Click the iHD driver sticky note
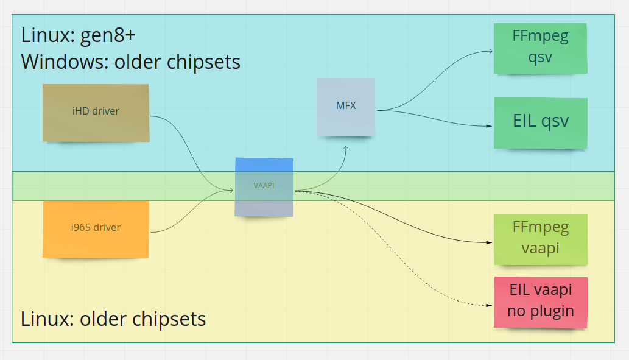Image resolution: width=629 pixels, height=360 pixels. tap(96, 113)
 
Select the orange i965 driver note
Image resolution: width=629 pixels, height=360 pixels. tap(96, 228)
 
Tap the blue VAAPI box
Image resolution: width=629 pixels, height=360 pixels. tap(264, 187)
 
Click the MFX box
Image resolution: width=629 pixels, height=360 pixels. tap(346, 107)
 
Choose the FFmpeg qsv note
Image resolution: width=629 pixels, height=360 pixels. tap(541, 48)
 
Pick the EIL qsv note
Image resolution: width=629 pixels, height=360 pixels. tap(541, 122)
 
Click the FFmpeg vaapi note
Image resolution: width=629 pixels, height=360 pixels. tap(541, 239)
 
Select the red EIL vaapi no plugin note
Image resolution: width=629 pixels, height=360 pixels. tap(541, 302)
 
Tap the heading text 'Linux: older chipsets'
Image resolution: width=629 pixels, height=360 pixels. tap(113, 319)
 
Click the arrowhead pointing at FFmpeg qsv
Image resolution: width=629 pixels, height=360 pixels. tap(490, 52)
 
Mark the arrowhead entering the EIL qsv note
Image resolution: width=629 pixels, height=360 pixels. tap(490, 127)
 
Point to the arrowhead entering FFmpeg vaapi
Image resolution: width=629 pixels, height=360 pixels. tap(490, 242)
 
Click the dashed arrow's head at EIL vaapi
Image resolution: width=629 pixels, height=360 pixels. tap(490, 305)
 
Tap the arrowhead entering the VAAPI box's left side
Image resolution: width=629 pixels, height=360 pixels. tap(232, 190)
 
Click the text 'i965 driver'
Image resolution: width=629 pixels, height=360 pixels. tap(96, 228)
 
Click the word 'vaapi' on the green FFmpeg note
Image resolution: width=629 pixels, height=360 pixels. tap(541, 249)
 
